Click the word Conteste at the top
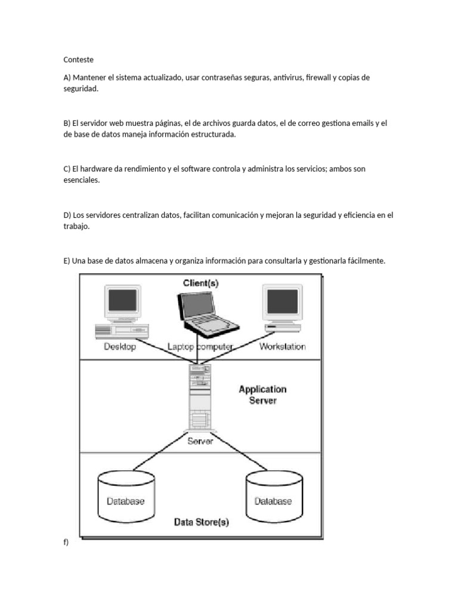pyautogui.click(x=78, y=60)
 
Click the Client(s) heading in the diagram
pyautogui.click(x=200, y=283)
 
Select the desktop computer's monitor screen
pyautogui.click(x=123, y=301)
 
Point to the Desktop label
pyautogui.click(x=120, y=347)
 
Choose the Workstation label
pyautogui.click(x=282, y=347)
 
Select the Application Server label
pyautogui.click(x=262, y=395)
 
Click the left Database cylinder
pyautogui.click(x=126, y=496)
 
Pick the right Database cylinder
pyautogui.click(x=274, y=496)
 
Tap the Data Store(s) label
pyautogui.click(x=202, y=522)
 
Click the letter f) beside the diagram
pyautogui.click(x=66, y=542)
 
